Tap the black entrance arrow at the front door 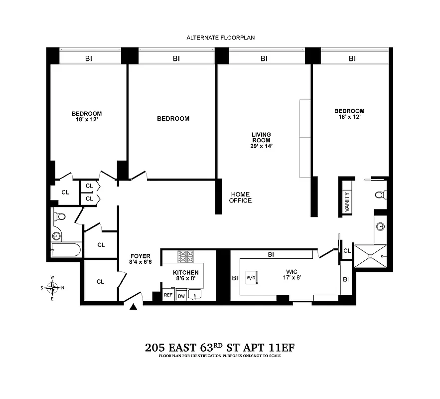(x=133, y=308)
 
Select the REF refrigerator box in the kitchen (x=168, y=295)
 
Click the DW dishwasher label (x=181, y=296)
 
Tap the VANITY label (x=347, y=202)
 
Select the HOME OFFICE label (x=240, y=198)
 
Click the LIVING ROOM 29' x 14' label (x=261, y=140)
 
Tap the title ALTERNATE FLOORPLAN (x=221, y=38)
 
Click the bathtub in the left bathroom (x=66, y=249)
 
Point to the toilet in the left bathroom (x=60, y=217)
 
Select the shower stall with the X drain (x=372, y=255)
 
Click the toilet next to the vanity (x=380, y=195)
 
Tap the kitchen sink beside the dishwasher (x=195, y=294)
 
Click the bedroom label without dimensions (x=173, y=119)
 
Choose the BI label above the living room (x=264, y=58)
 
